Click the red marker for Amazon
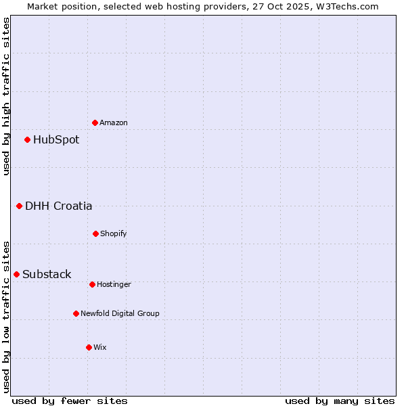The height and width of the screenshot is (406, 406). pyautogui.click(x=95, y=122)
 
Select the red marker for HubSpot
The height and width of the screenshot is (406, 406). pyautogui.click(x=27, y=140)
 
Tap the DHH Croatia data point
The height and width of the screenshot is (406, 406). pyautogui.click(x=19, y=206)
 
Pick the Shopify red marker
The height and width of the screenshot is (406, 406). pyautogui.click(x=95, y=233)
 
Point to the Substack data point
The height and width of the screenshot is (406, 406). pyautogui.click(x=16, y=274)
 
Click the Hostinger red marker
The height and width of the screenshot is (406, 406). pyautogui.click(x=92, y=284)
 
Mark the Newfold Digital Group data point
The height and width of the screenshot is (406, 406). pyautogui.click(x=76, y=313)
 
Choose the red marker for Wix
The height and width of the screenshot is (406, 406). pyautogui.click(x=89, y=347)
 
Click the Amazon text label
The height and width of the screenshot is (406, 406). pyautogui.click(x=114, y=122)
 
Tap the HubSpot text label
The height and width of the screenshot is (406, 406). pyautogui.click(x=56, y=140)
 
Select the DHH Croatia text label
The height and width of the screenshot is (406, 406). pyautogui.click(x=59, y=206)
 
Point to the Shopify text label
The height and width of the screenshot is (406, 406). pyautogui.click(x=114, y=233)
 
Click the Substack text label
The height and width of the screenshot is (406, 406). pyautogui.click(x=47, y=274)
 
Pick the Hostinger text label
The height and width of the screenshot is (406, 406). pyautogui.click(x=114, y=284)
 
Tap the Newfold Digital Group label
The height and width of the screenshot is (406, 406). pyautogui.click(x=120, y=313)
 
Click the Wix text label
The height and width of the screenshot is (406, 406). pyautogui.click(x=100, y=347)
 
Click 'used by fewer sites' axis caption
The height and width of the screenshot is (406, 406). pyautogui.click(x=70, y=401)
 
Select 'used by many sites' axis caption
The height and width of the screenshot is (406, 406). pyautogui.click(x=340, y=401)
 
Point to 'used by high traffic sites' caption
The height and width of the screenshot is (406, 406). pyautogui.click(x=6, y=96)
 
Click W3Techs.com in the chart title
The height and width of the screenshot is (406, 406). pyautogui.click(x=348, y=6)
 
